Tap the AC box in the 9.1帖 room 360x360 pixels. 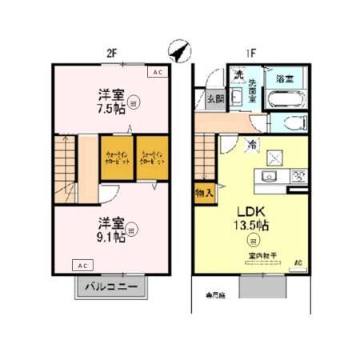point(83,265)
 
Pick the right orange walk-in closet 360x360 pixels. point(152,158)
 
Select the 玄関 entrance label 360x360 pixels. point(215,99)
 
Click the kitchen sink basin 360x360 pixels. point(270,176)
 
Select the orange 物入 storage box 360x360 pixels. point(204,192)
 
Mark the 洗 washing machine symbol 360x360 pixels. point(238,77)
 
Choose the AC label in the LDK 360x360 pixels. point(298,262)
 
